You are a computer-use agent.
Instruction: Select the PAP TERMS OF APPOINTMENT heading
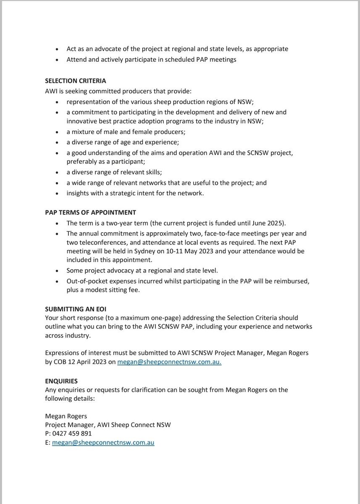click(x=90, y=213)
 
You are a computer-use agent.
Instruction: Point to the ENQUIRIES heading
click(x=61, y=381)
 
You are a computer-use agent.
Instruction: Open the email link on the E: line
click(x=103, y=442)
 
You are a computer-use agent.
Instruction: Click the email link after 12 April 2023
click(x=169, y=362)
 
